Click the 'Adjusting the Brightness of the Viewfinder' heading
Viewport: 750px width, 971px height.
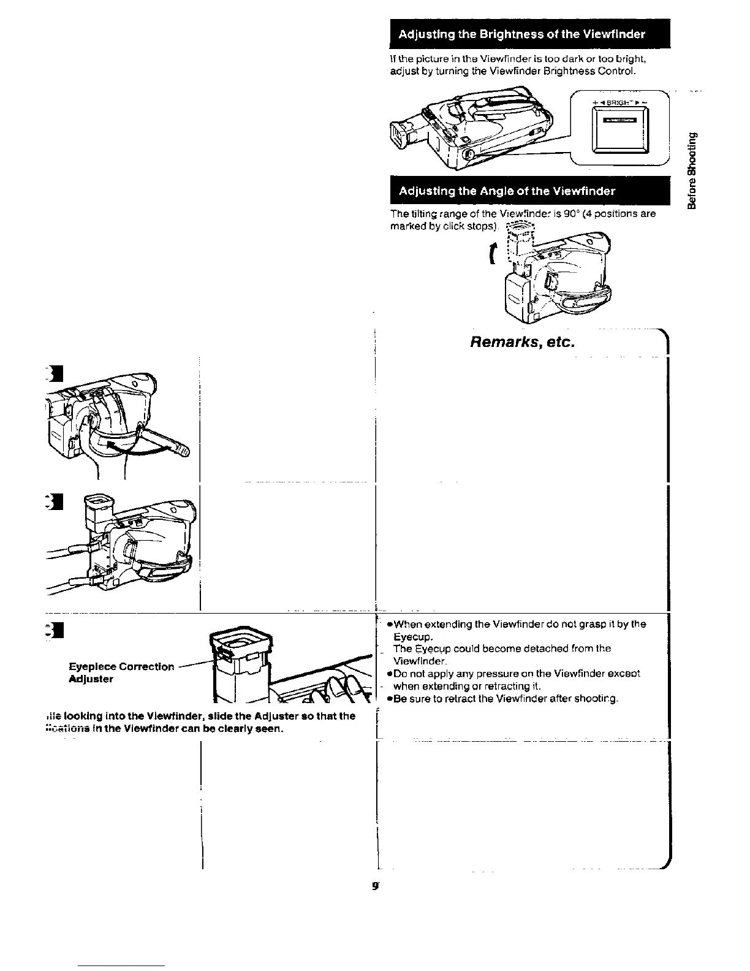pyautogui.click(x=521, y=34)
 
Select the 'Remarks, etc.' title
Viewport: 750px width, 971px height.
pyautogui.click(x=522, y=341)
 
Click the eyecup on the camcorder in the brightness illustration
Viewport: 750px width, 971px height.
pyautogui.click(x=400, y=133)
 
